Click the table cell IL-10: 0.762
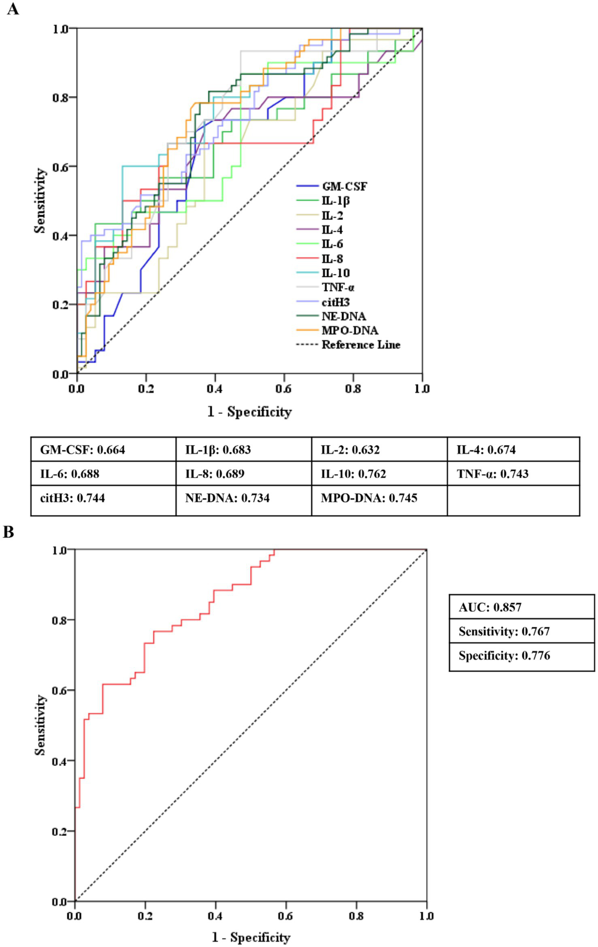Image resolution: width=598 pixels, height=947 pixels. click(353, 474)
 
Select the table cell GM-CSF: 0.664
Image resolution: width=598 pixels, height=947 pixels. click(83, 450)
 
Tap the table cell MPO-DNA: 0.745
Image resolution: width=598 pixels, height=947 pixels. click(369, 498)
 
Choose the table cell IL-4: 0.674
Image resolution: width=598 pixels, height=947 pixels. click(486, 450)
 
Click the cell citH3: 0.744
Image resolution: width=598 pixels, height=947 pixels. click(72, 498)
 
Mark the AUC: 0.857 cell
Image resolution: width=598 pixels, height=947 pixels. click(490, 607)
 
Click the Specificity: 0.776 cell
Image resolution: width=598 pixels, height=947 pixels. click(504, 655)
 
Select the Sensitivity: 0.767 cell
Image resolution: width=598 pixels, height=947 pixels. click(504, 632)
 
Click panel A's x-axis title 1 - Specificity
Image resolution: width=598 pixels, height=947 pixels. click(249, 412)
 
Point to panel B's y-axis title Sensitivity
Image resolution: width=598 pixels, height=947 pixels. click(40, 725)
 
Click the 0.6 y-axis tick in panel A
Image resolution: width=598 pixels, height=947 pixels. click(60, 166)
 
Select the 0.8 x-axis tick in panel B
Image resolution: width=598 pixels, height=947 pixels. click(356, 916)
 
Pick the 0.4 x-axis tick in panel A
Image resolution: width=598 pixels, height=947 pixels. click(215, 389)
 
